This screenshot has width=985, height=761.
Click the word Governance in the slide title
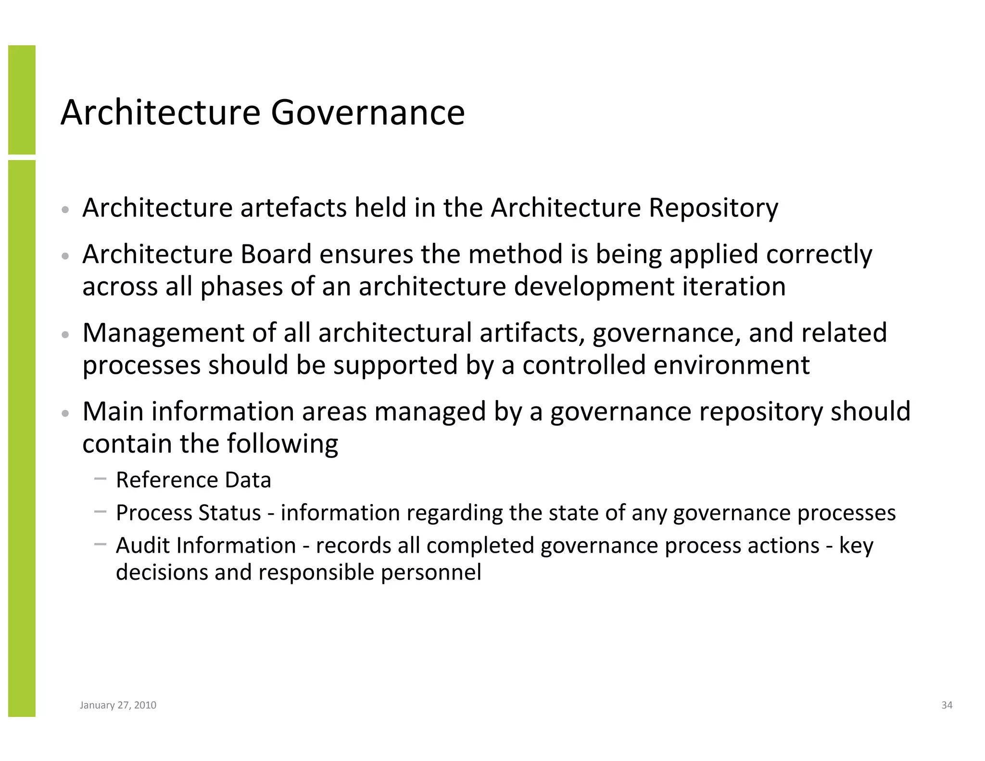367,113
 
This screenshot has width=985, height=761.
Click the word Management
164,333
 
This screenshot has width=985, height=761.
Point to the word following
282,444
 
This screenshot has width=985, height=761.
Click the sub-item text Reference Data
193,480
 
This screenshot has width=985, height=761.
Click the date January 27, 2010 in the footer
118,705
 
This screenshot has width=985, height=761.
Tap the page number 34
947,705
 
